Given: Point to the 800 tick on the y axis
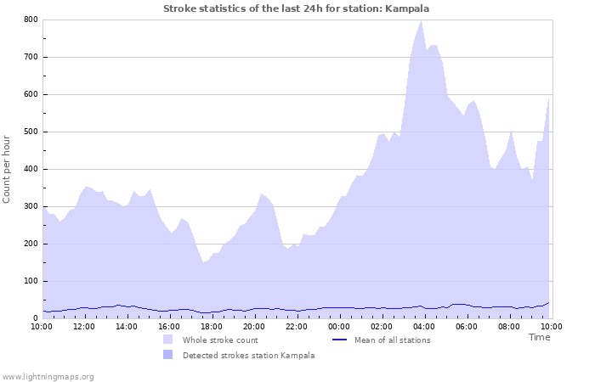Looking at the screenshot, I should pos(31,20).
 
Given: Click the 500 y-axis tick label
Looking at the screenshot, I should pos(31,132).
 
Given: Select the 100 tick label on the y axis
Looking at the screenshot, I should pos(31,281).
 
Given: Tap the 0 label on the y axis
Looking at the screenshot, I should pos(35,318).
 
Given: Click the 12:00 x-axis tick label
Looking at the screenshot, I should pos(84,327).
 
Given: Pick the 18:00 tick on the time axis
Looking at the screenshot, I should pos(212,327).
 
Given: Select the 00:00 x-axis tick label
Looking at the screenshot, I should pos(339,327).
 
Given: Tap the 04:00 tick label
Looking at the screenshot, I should pos(424,327).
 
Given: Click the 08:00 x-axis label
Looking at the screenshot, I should pos(509,327).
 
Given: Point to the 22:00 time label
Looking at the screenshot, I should pos(297,327).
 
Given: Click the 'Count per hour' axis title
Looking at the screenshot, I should pos(8,170).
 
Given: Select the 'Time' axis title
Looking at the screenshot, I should pos(539,337).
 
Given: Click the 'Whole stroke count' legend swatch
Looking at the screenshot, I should pos(168,340).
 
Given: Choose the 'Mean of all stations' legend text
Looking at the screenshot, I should pos(392,340).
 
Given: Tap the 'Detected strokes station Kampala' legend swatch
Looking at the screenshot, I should pos(168,355).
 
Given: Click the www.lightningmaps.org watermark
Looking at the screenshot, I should pos(48,376).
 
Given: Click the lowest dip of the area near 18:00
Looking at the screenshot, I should pos(204,262).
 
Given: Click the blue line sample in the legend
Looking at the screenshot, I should pos(339,340).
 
